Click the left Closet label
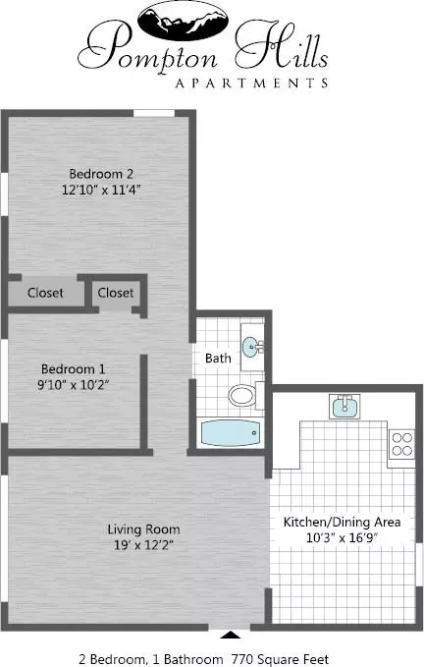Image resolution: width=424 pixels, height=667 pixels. (x=45, y=293)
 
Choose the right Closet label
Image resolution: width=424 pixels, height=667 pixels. (x=116, y=293)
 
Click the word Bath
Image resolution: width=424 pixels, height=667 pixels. (x=218, y=358)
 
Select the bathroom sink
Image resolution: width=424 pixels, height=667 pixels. (x=252, y=346)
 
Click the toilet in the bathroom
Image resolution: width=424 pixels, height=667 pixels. (x=242, y=395)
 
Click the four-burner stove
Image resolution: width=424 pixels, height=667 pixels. (x=400, y=445)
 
